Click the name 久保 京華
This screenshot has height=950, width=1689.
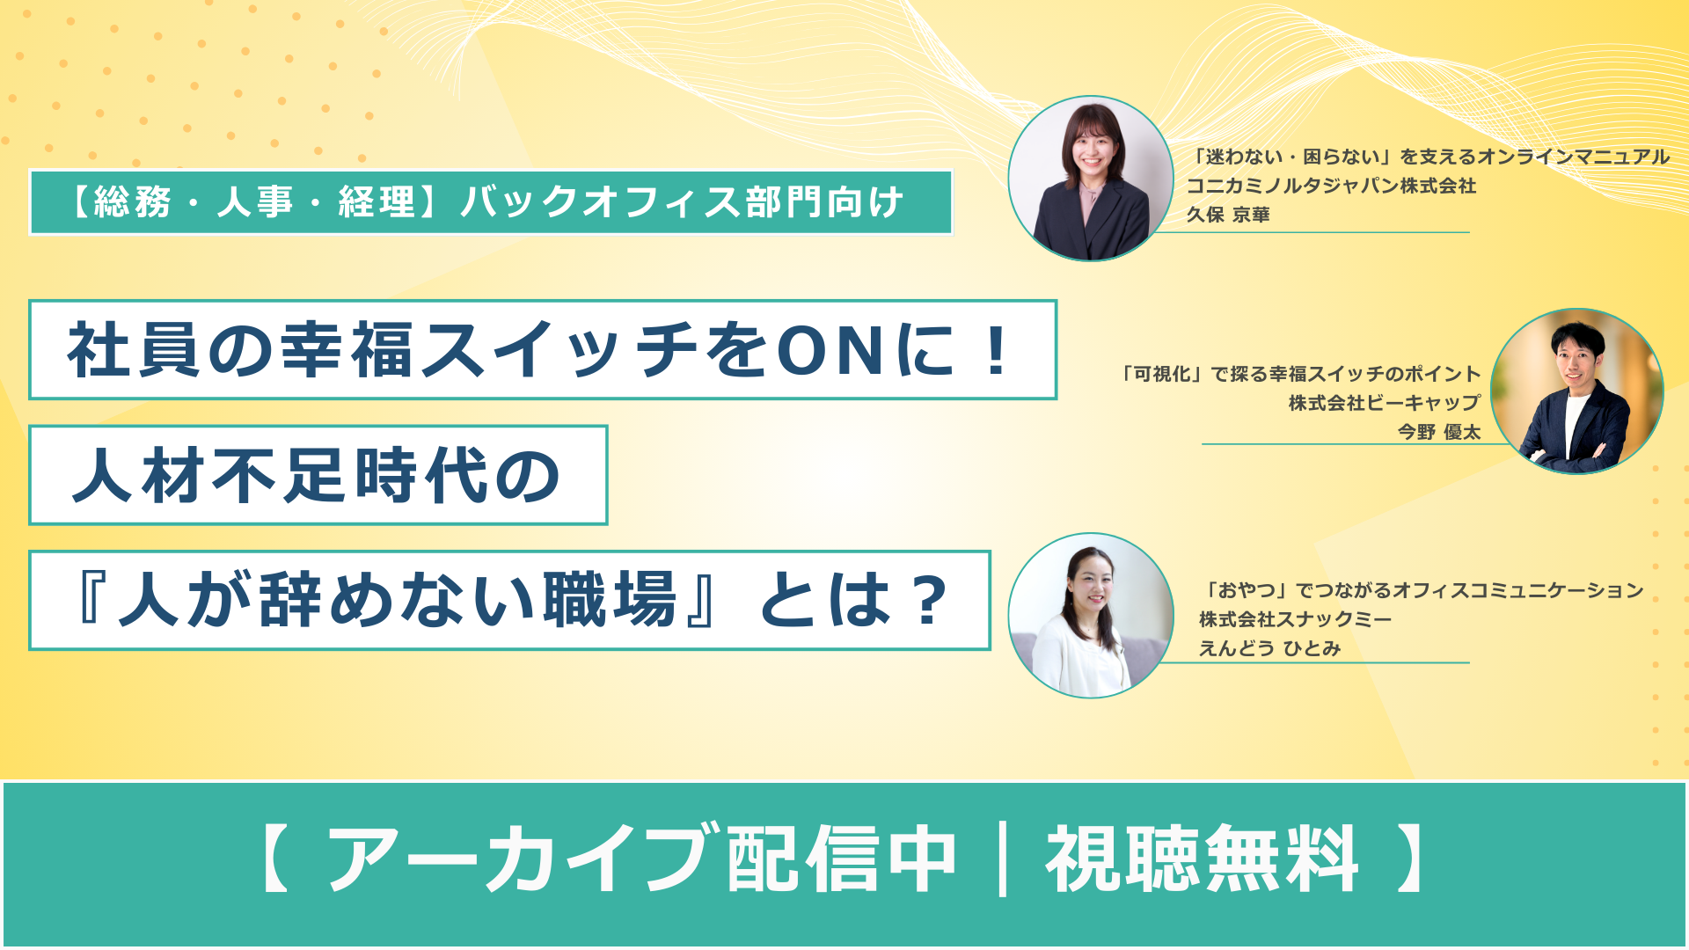pyautogui.click(x=1227, y=215)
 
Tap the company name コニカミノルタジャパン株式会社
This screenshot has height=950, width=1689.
pyautogui.click(x=1331, y=186)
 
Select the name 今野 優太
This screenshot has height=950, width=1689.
pyautogui.click(x=1439, y=432)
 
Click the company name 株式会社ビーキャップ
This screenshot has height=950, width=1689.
pyautogui.click(x=1385, y=403)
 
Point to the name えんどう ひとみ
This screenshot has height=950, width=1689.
pyautogui.click(x=1269, y=648)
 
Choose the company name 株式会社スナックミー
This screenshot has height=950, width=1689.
pyautogui.click(x=1295, y=619)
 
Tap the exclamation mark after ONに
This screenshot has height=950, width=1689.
pyautogui.click(x=997, y=350)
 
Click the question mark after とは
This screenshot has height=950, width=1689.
pyautogui.click(x=929, y=601)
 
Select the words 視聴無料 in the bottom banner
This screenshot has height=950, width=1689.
pyautogui.click(x=1202, y=859)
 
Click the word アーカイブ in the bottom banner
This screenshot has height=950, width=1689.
pyautogui.click(x=521, y=859)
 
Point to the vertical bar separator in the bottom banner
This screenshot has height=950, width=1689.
pyautogui.click(x=1003, y=859)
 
